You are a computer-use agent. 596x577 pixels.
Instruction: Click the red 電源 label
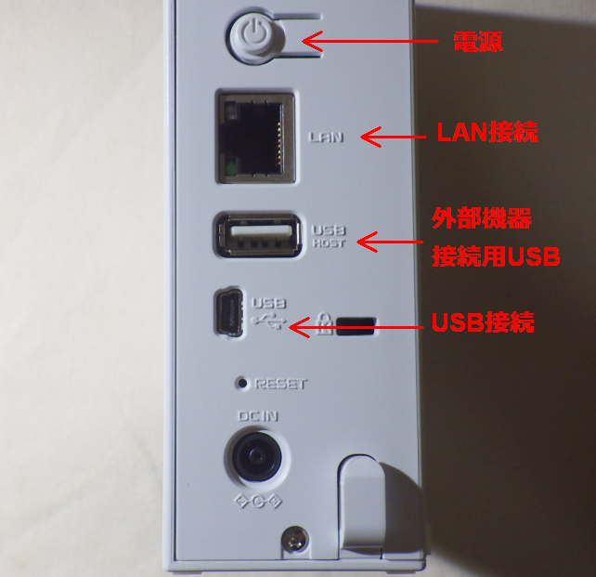point(477,42)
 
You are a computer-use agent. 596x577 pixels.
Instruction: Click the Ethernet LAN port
point(255,136)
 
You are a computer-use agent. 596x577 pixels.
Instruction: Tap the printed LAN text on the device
point(326,138)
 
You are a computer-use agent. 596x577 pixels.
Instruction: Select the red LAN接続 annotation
point(486,133)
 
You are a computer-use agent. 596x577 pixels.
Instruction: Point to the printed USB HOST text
point(329,236)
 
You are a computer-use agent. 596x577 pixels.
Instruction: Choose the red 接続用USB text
point(496,257)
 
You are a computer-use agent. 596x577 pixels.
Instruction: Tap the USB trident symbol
point(270,321)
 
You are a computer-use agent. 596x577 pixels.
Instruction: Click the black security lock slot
point(356,325)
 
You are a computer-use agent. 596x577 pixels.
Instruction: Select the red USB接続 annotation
point(483,323)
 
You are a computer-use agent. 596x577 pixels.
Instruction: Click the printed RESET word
point(280,383)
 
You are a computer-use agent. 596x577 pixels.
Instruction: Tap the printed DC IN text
point(258,417)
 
